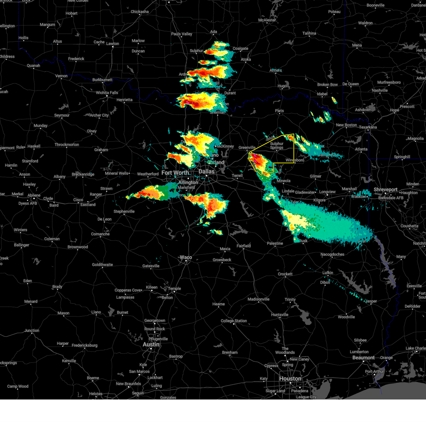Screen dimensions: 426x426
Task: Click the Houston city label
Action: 290,379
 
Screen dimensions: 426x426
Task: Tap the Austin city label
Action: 151,344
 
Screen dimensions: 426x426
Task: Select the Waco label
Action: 186,257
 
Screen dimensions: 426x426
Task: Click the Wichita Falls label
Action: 107,93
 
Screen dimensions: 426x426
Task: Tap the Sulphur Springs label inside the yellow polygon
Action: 277,146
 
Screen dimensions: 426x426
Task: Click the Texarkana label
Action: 368,127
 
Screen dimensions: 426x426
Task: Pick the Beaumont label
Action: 364,357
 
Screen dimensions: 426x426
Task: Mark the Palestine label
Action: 275,243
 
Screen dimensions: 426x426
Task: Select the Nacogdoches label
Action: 332,254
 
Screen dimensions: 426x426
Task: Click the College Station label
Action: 234,321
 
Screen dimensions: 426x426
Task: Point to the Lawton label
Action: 113,44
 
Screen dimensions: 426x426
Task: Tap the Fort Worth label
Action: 175,173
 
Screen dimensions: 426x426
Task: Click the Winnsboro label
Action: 295,160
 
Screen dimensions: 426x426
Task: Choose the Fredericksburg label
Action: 84,345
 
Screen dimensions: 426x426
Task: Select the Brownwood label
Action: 78,247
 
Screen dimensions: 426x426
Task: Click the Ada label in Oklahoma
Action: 213,32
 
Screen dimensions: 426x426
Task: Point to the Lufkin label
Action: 328,273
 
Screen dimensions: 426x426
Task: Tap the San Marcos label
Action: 139,371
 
